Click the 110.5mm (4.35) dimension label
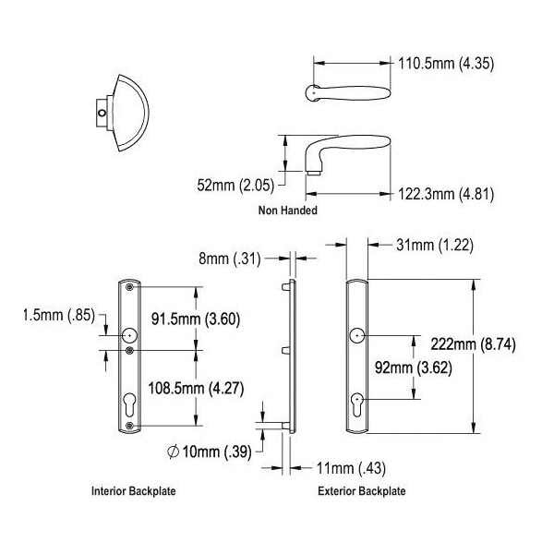click(x=446, y=64)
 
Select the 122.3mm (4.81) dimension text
click(x=446, y=194)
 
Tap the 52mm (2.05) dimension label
click(x=235, y=186)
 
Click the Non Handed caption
click(x=287, y=211)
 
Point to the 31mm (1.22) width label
click(x=435, y=245)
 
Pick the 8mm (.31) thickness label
click(x=230, y=259)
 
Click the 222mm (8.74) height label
click(x=473, y=343)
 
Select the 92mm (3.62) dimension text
click(x=414, y=367)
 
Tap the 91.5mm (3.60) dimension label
click(x=196, y=319)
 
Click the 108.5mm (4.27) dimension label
click(x=196, y=389)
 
